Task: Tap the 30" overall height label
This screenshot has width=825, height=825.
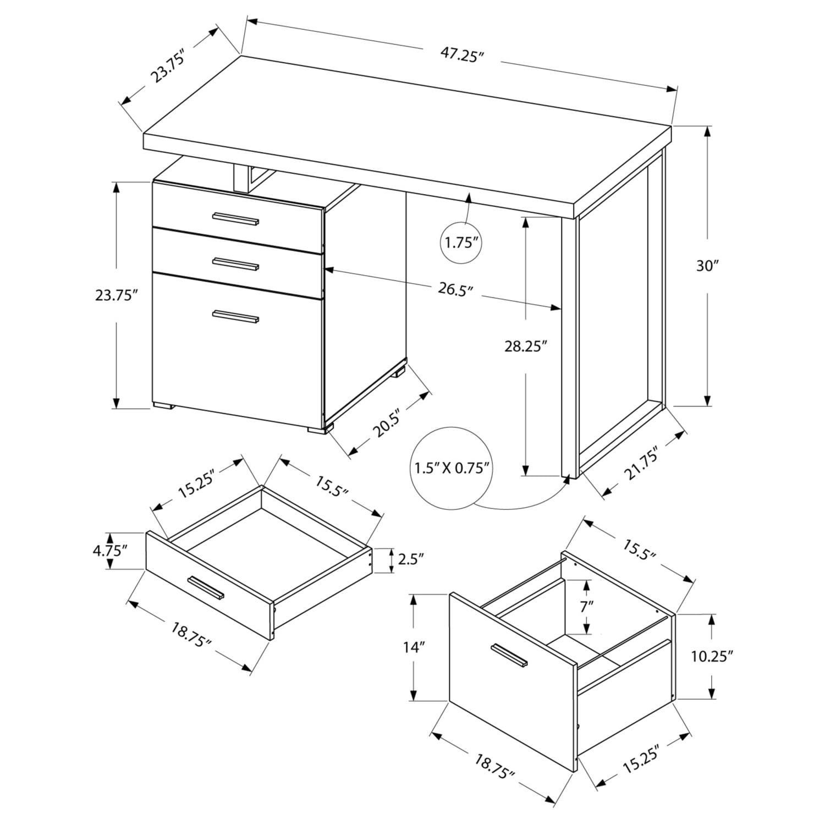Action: coord(707,266)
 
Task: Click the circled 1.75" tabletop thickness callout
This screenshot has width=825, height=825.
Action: coord(461,243)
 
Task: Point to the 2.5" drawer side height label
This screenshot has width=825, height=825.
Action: coord(410,559)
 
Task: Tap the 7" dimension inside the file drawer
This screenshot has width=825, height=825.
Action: coord(587,607)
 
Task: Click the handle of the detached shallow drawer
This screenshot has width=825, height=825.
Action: coord(206,588)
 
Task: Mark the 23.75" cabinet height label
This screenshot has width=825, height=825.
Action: coord(116,295)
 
